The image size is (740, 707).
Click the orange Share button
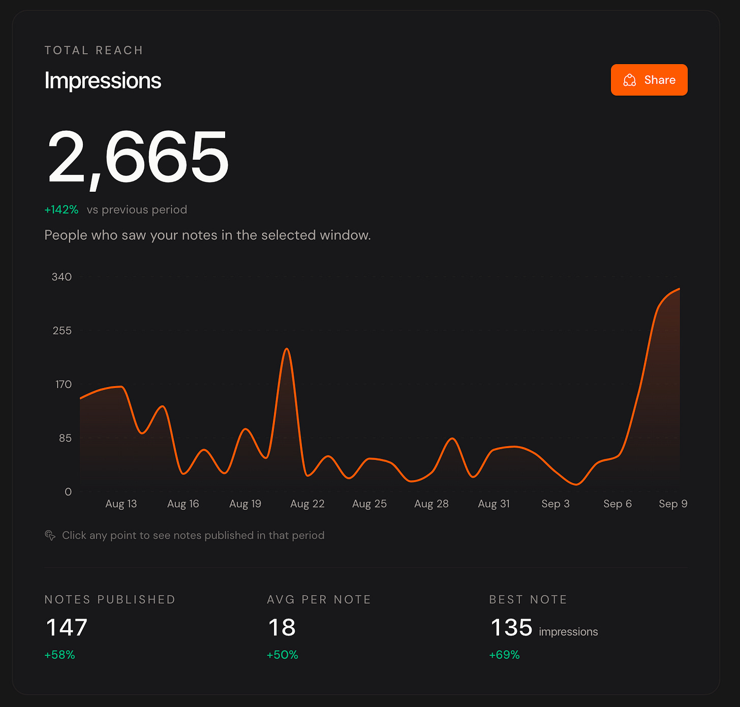[x=649, y=80]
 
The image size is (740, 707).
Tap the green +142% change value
[x=61, y=210]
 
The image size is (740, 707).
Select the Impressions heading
[x=103, y=81]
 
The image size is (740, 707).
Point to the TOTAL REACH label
[x=94, y=50]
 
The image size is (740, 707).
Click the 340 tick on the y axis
[x=61, y=277]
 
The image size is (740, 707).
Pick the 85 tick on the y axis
[x=65, y=438]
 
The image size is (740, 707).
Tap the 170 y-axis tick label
[x=64, y=385]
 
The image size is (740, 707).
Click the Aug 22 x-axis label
[x=307, y=504]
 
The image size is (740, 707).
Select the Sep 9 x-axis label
[x=673, y=504]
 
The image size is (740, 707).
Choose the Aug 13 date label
[x=121, y=504]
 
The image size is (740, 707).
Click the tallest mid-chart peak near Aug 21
[x=287, y=348]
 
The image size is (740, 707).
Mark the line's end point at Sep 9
[x=680, y=289]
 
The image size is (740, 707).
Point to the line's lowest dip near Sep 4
[x=576, y=484]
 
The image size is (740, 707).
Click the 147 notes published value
[x=67, y=628]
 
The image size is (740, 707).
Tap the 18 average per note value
[x=282, y=628]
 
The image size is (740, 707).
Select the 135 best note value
[x=511, y=628]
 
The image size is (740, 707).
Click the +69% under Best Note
[x=504, y=655]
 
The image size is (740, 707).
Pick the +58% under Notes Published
[x=59, y=655]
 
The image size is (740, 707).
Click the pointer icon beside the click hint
[x=50, y=536]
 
